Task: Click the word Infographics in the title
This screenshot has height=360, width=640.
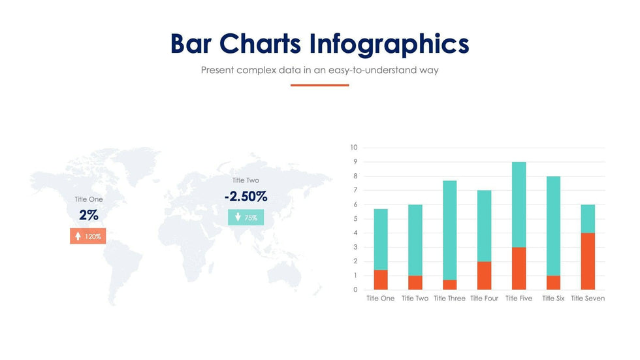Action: click(x=389, y=44)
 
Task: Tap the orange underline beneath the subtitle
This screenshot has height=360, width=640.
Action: click(x=319, y=85)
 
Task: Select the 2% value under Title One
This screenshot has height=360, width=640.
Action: click(x=88, y=215)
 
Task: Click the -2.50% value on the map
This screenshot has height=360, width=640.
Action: click(x=246, y=196)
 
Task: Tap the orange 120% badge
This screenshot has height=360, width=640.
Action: click(x=88, y=237)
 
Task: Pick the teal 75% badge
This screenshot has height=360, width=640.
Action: click(x=246, y=218)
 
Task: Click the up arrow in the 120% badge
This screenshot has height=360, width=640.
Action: click(x=78, y=237)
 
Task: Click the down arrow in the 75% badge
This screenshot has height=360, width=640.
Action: click(x=238, y=218)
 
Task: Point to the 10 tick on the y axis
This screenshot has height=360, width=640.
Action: click(x=354, y=148)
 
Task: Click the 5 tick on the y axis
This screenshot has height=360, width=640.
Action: click(x=355, y=219)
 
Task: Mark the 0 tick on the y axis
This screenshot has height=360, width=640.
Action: click(x=355, y=290)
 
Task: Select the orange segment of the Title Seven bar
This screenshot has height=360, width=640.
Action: click(x=588, y=261)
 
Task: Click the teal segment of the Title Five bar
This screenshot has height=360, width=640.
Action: click(x=519, y=205)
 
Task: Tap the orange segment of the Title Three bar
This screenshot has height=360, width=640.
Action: click(x=449, y=285)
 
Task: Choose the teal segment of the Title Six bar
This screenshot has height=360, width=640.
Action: click(x=553, y=225)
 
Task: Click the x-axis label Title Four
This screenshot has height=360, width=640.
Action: click(x=484, y=299)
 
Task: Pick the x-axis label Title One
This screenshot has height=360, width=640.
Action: click(x=380, y=299)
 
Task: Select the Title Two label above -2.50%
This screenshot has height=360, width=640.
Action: click(x=246, y=180)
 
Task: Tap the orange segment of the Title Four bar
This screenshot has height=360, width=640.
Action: click(x=484, y=276)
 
